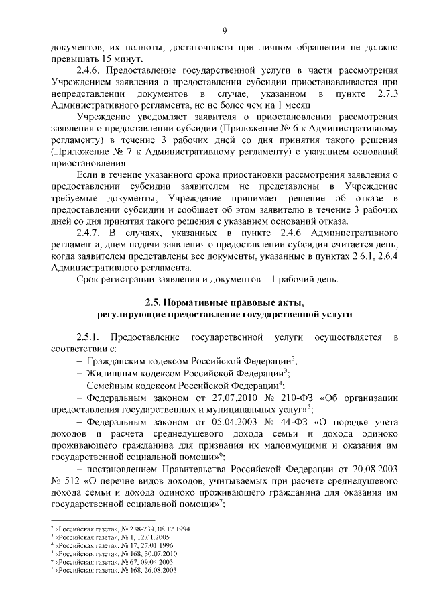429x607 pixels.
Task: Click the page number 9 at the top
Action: coord(225,30)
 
